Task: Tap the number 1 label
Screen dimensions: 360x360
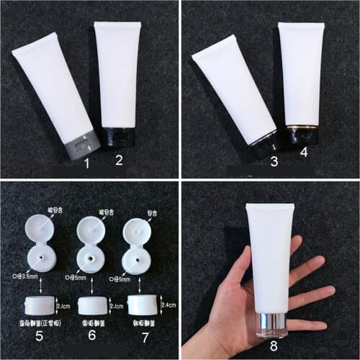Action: coord(87,164)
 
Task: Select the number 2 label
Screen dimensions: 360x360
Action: coord(120,161)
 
